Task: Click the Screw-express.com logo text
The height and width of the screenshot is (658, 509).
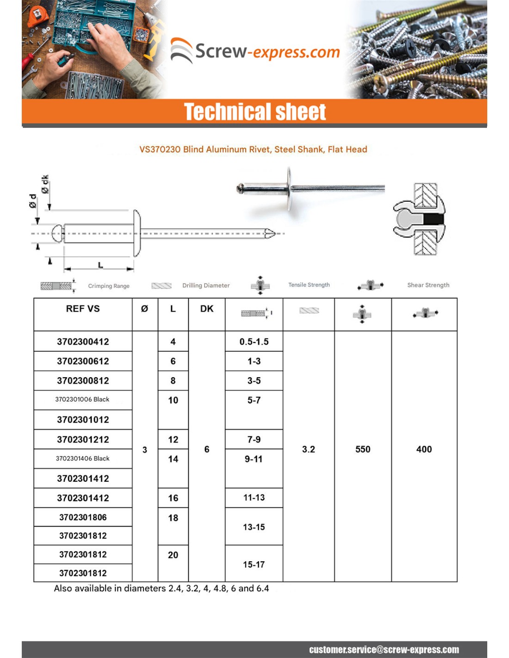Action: [x=267, y=51]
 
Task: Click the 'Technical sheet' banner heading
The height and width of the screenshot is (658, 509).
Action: [x=255, y=112]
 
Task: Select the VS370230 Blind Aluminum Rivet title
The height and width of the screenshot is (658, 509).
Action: [x=253, y=149]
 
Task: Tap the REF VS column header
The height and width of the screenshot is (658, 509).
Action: [x=83, y=309]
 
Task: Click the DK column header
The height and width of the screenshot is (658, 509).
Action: [x=207, y=309]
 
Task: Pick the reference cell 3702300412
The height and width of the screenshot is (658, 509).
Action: [x=83, y=341]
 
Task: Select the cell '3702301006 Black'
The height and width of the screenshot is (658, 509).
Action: [x=82, y=399]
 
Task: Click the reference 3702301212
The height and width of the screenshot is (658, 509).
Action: [x=83, y=440]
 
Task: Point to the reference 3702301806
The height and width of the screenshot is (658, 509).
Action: [x=83, y=517]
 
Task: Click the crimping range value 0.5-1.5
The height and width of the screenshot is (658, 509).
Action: [x=254, y=341]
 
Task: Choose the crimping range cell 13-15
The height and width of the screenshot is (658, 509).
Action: [x=254, y=527]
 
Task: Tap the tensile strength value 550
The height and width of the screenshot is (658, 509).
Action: [x=363, y=449]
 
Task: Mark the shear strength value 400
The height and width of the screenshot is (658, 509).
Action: [x=424, y=449]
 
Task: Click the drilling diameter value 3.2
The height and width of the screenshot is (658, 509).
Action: [x=309, y=449]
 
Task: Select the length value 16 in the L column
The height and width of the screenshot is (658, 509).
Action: [x=173, y=498]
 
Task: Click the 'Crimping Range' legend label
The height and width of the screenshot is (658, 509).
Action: [x=109, y=286]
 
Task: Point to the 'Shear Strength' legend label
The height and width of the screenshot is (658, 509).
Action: [x=428, y=285]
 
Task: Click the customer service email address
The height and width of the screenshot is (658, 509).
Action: [x=384, y=650]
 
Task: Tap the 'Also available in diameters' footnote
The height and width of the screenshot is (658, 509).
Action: [x=161, y=589]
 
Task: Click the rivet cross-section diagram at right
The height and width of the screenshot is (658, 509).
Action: [x=419, y=219]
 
